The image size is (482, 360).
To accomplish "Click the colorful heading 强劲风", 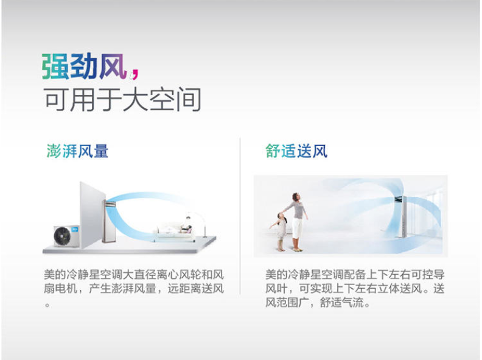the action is [85, 66].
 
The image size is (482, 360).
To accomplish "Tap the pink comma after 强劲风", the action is [134, 74].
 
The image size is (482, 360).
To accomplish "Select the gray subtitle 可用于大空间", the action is [123, 99].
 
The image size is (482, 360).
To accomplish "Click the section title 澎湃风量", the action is [77, 151].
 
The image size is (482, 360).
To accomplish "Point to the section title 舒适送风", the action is [296, 151].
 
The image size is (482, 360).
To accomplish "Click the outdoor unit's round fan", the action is [63, 236].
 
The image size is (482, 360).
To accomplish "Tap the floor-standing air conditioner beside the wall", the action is [108, 221].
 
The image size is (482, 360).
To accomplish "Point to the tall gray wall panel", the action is [91, 215].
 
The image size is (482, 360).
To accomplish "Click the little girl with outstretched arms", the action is [281, 231].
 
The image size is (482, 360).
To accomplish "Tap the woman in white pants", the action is [297, 222].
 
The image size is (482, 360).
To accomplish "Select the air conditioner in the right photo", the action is [402, 217].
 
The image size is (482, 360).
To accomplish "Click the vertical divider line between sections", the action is [240, 216].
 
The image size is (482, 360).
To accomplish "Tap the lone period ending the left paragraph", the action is [47, 305].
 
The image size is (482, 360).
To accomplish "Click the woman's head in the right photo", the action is [296, 197].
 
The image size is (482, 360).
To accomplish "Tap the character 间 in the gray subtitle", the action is [189, 99].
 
